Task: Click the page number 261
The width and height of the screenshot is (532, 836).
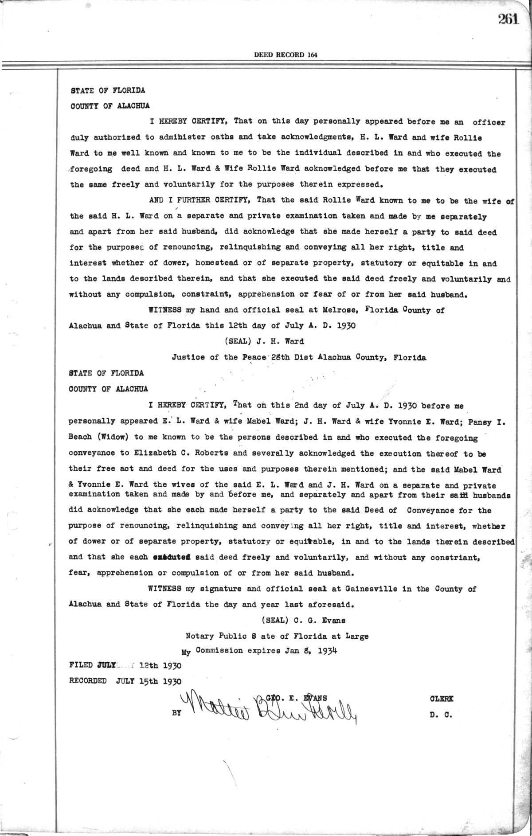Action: click(x=508, y=19)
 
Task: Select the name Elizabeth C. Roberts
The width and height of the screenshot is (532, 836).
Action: click(x=191, y=453)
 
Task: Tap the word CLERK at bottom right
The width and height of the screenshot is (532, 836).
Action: click(x=441, y=699)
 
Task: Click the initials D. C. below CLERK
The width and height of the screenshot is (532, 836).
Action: click(x=441, y=715)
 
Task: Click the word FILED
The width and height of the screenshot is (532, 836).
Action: click(x=81, y=665)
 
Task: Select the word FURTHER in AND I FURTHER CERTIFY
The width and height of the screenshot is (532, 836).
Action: click(x=194, y=200)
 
